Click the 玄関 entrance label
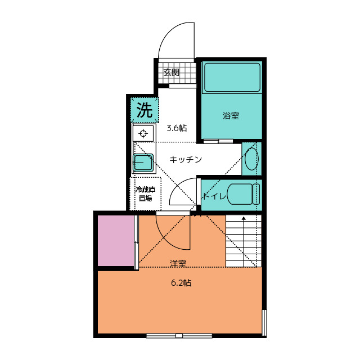(171, 73)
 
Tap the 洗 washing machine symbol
(145, 110)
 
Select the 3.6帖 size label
(177, 128)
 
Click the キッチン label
(186, 159)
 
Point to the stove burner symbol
(143, 133)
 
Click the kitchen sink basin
(143, 163)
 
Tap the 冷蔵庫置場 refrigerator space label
(146, 193)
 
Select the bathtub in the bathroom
(232, 78)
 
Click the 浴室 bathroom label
(231, 115)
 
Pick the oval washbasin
(251, 159)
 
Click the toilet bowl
(244, 194)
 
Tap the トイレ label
(214, 196)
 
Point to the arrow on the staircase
(244, 241)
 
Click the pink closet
(116, 240)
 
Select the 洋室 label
(178, 263)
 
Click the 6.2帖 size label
(181, 282)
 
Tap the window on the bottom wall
(179, 336)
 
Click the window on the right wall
(264, 322)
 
